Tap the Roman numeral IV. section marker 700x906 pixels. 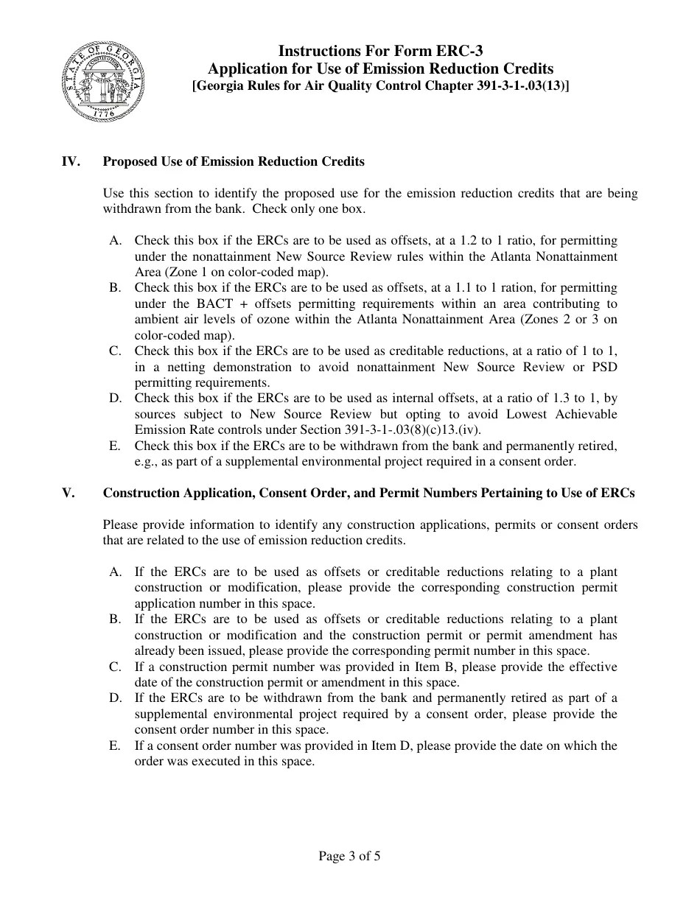point(70,161)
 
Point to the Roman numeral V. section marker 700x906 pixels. point(68,494)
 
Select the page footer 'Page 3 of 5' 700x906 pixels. point(349,856)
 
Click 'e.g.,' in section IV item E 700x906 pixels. point(146,462)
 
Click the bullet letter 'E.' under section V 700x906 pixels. point(115,745)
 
